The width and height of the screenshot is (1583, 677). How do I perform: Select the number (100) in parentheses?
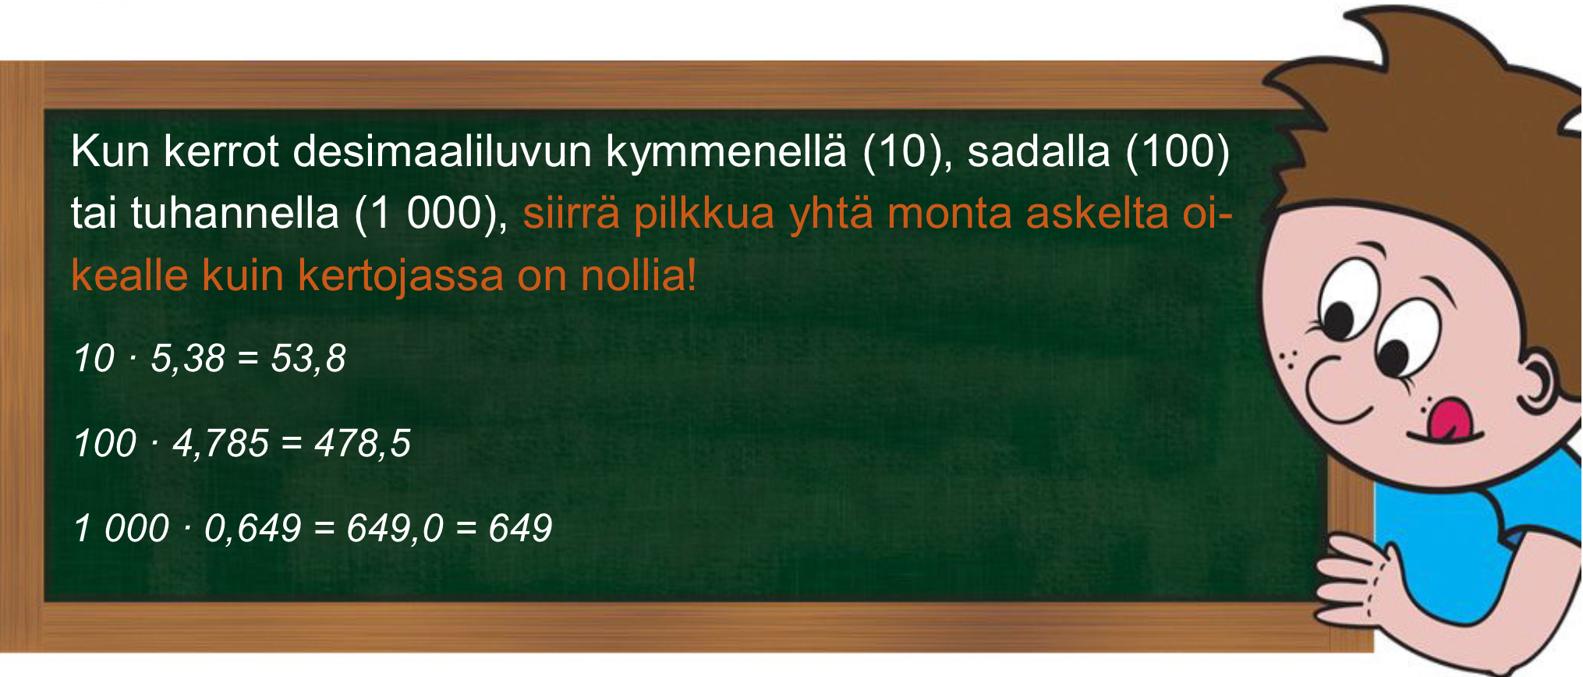pyautogui.click(x=1178, y=152)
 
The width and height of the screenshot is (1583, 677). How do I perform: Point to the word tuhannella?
pyautogui.click(x=235, y=213)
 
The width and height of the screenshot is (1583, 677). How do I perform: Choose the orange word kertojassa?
pyautogui.click(x=401, y=276)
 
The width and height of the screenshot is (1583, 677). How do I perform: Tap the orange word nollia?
pyautogui.click(x=639, y=275)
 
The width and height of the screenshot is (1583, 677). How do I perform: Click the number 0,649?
pyautogui.click(x=253, y=529)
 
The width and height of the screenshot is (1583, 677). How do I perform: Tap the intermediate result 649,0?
pyautogui.click(x=395, y=529)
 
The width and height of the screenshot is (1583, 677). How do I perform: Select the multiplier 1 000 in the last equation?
pyautogui.click(x=121, y=529)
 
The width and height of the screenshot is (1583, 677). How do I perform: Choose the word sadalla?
pyautogui.click(x=1039, y=152)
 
